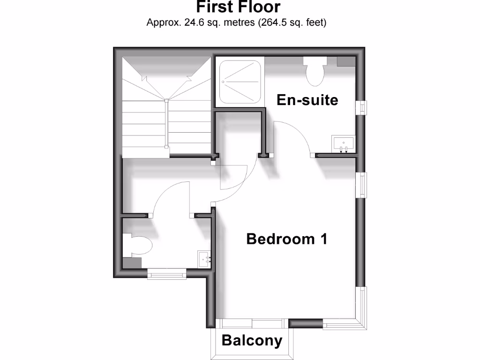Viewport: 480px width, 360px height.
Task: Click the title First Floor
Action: tap(238, 7)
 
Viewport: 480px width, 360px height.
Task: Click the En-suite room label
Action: tap(307, 100)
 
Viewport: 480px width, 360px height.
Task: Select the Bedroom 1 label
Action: tap(286, 239)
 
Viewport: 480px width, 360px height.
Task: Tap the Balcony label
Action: tap(252, 340)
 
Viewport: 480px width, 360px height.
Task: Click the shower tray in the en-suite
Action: tap(239, 82)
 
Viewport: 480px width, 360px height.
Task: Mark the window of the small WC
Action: tap(167, 274)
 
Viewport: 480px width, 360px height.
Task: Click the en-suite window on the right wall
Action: tap(362, 107)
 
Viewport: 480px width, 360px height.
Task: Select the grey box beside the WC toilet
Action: tap(131, 263)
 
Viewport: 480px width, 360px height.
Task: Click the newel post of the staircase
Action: tap(167, 100)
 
